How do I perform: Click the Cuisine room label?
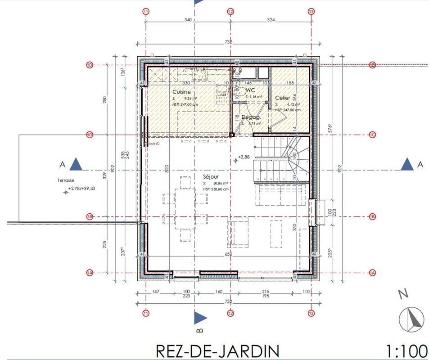[181, 92]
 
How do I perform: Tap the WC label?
[251, 90]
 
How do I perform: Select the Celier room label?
[283, 98]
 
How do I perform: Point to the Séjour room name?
[211, 177]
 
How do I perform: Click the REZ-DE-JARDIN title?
[217, 351]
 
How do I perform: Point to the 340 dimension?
[188, 20]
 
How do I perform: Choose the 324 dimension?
[271, 20]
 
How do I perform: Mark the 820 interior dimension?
[167, 169]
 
